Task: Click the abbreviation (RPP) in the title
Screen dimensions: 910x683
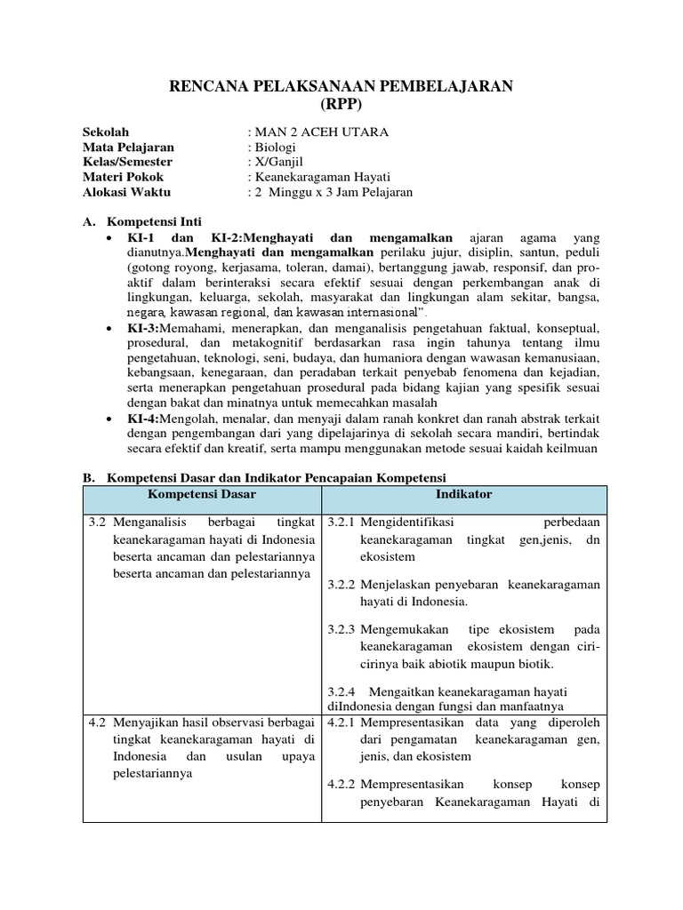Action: click(x=341, y=104)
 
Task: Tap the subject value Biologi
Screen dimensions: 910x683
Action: click(x=275, y=148)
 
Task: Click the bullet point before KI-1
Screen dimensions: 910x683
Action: click(x=108, y=238)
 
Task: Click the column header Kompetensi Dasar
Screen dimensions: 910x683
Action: click(x=197, y=494)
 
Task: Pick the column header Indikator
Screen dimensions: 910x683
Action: click(x=463, y=494)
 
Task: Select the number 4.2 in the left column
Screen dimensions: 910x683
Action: click(x=98, y=722)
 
